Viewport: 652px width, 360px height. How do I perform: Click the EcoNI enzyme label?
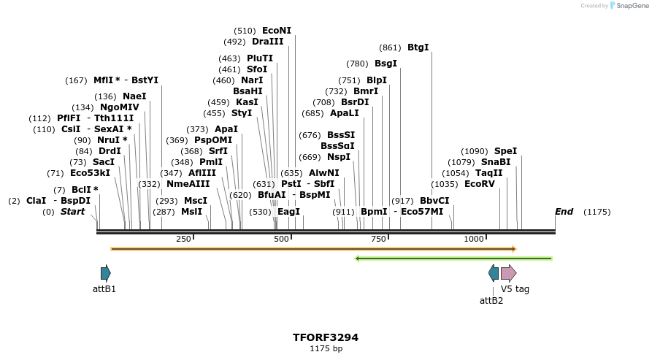[276, 31]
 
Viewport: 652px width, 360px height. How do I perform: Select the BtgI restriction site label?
[418, 47]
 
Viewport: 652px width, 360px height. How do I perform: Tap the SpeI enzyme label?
[505, 151]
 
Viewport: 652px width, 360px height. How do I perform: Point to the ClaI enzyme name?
[36, 200]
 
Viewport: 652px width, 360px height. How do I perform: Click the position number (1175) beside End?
[597, 212]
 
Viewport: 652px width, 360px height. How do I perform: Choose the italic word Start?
[72, 212]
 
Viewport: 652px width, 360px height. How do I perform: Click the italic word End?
[564, 212]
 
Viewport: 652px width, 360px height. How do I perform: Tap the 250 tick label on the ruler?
[183, 239]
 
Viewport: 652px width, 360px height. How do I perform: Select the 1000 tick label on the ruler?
[474, 239]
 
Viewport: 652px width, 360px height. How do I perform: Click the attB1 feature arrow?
[106, 274]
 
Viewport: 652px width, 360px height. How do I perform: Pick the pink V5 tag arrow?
[509, 274]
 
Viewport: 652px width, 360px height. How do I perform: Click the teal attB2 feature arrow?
[494, 274]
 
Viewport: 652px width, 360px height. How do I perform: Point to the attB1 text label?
[104, 289]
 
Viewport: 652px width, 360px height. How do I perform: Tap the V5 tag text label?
[515, 289]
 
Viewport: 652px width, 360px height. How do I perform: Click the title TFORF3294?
[326, 337]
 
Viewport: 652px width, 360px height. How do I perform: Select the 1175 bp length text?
[326, 349]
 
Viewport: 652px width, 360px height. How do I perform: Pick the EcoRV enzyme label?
[479, 184]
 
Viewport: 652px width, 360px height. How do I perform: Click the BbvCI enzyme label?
[434, 201]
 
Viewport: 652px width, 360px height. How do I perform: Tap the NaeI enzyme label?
[134, 96]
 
